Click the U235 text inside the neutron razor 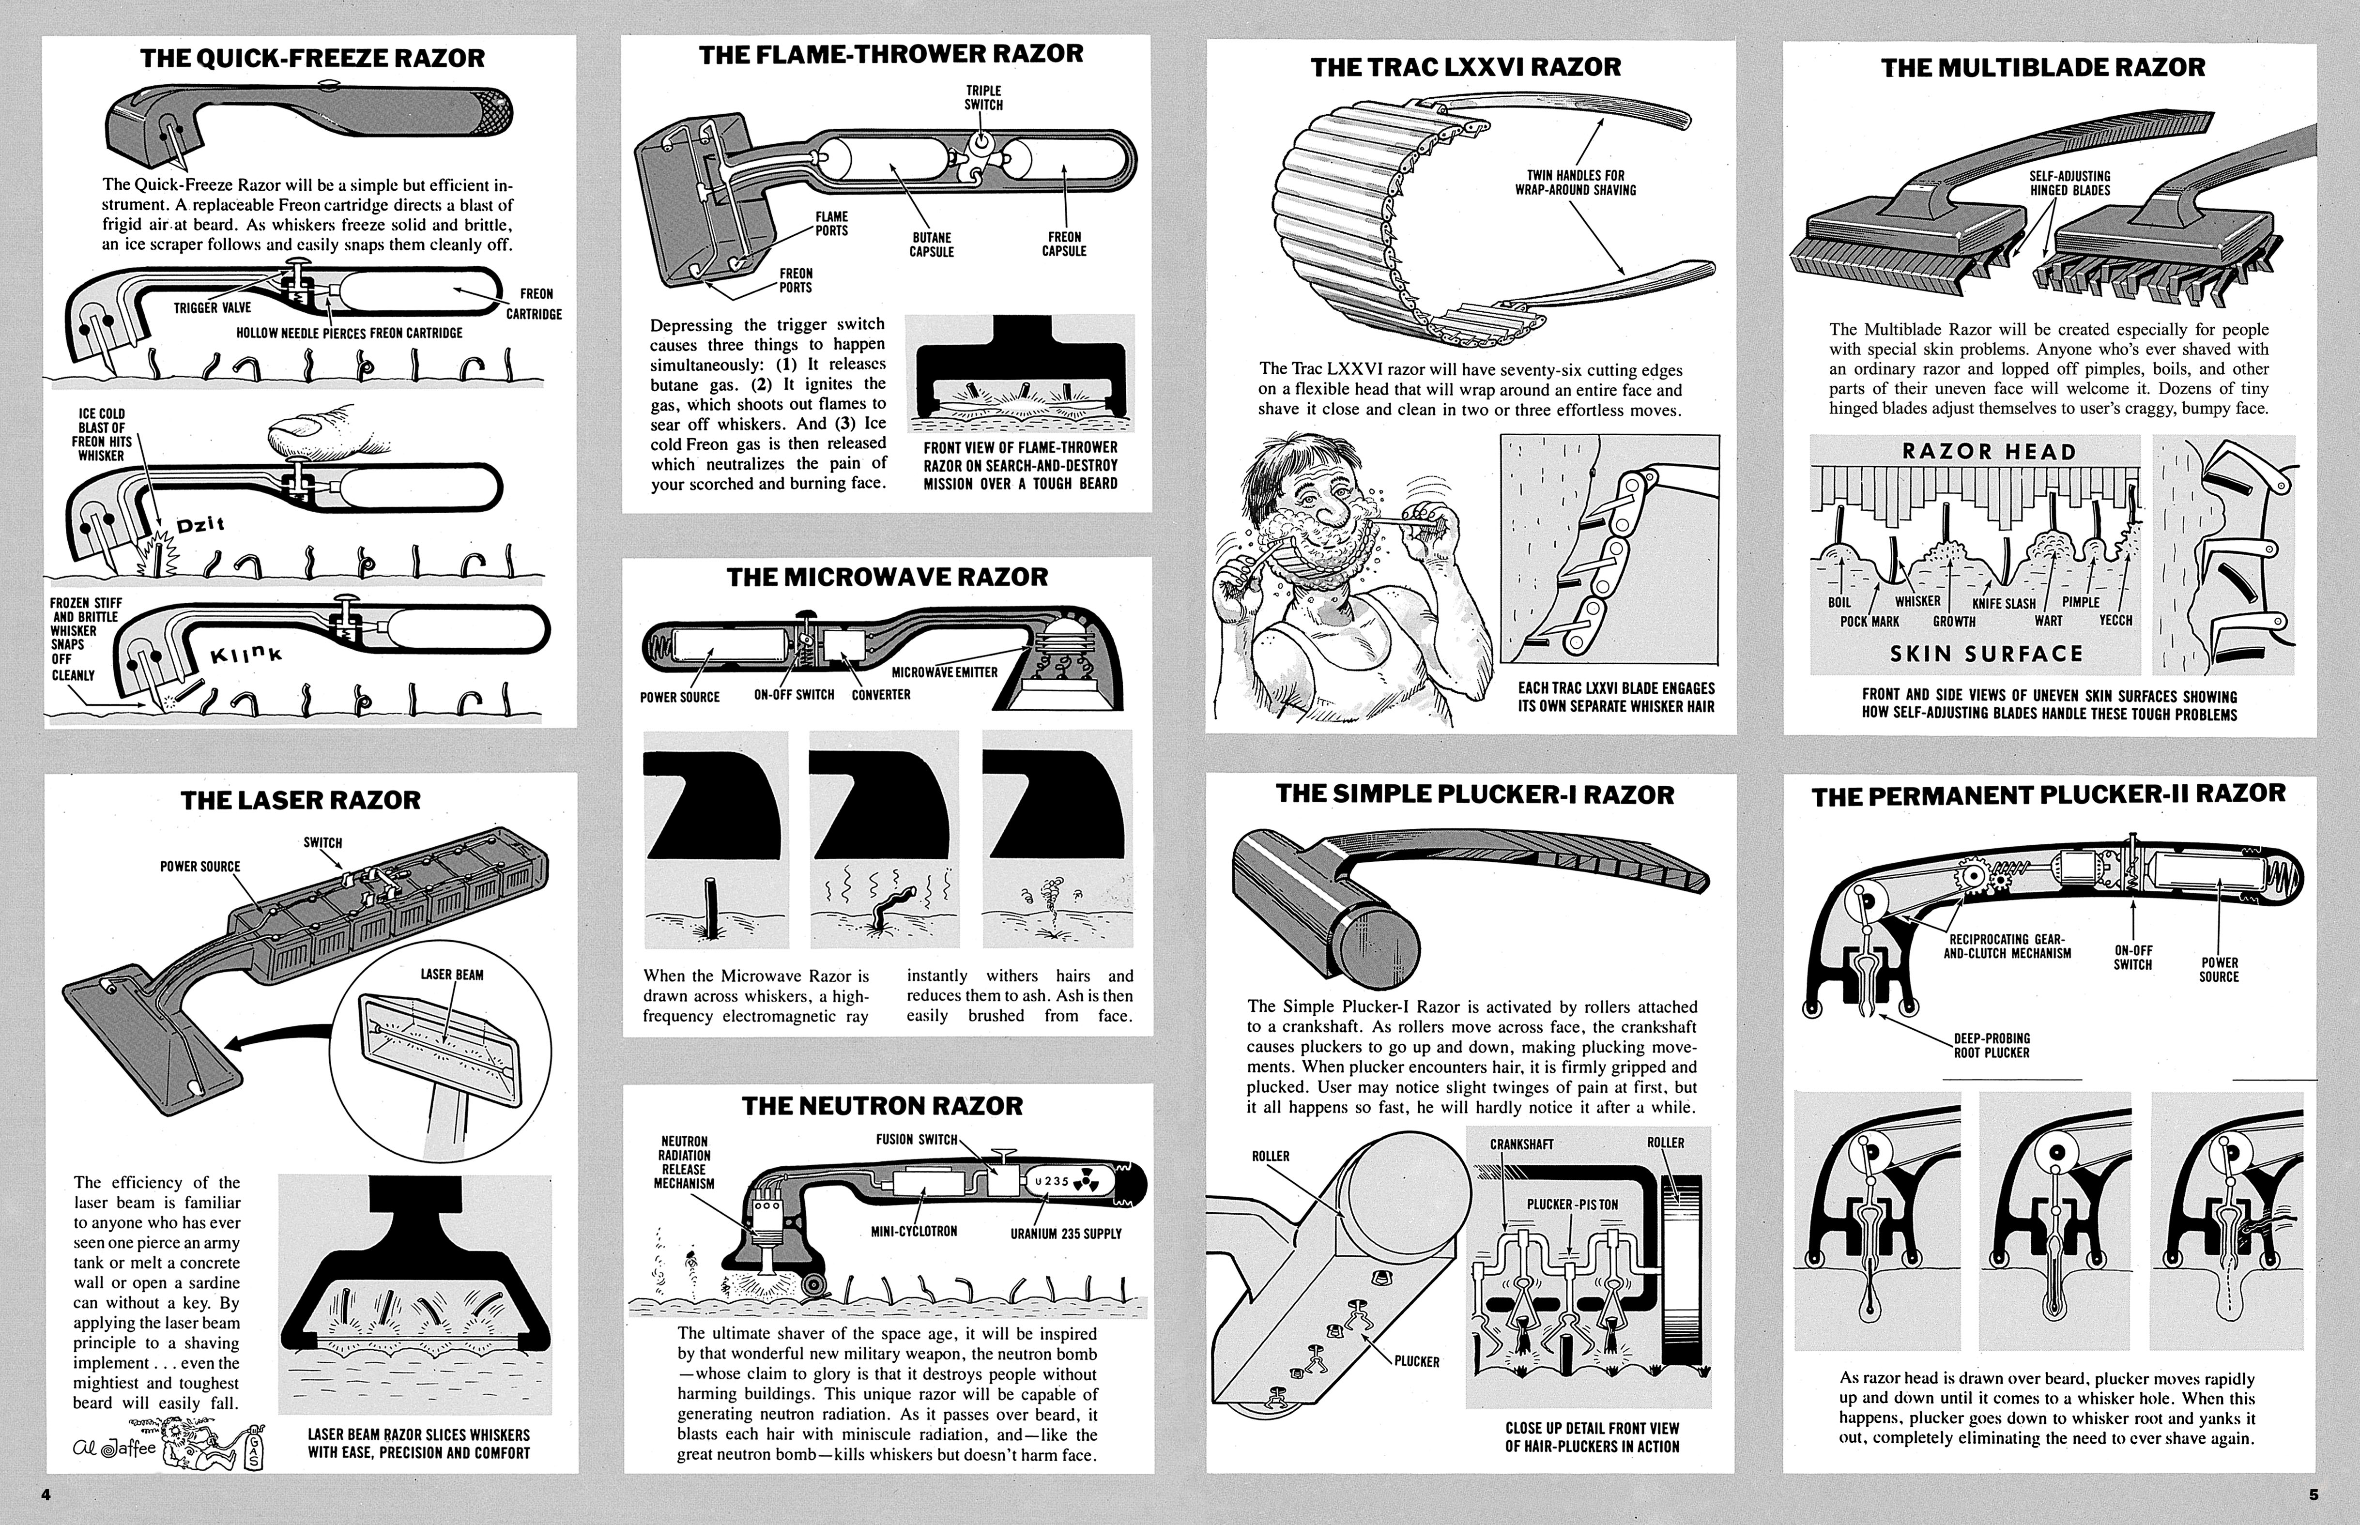(x=1052, y=1181)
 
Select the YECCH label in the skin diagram (x=2115, y=621)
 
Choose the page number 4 (x=46, y=1494)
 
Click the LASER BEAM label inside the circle (x=452, y=975)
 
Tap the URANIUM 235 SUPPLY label (x=1066, y=1234)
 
